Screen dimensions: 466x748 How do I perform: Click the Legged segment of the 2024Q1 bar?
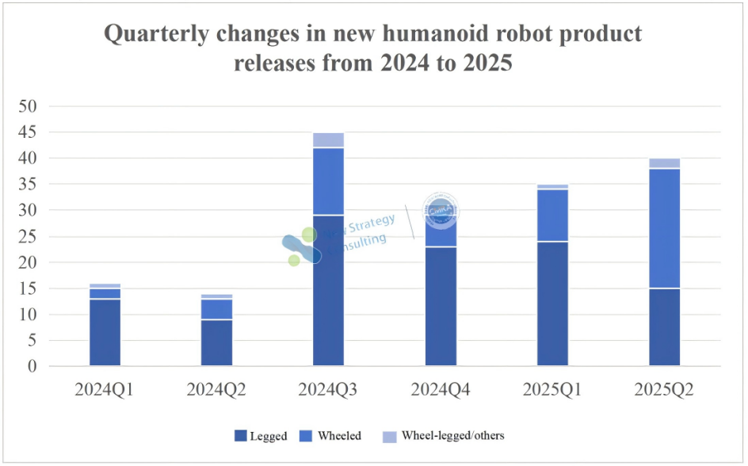tap(105, 332)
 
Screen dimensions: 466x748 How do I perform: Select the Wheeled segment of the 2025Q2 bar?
tap(664, 228)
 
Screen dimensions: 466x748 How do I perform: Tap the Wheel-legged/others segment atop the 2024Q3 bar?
tap(328, 140)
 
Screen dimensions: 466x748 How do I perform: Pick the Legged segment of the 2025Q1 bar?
tap(552, 303)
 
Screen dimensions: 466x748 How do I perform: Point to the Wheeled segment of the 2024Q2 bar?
tap(216, 309)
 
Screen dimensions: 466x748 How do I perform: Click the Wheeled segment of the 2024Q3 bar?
tap(328, 181)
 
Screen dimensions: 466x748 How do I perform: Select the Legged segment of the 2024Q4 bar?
tap(441, 306)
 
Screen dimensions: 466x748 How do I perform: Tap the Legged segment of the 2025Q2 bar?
tap(664, 327)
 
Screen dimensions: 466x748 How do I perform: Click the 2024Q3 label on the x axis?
tap(328, 391)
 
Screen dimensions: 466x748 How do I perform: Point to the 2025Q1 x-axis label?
tap(552, 391)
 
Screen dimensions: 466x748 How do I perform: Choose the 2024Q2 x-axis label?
tap(216, 391)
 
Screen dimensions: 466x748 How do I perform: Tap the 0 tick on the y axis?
tap(32, 367)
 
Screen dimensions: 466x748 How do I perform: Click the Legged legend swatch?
tap(241, 436)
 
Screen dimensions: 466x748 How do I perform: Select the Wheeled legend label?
tap(339, 436)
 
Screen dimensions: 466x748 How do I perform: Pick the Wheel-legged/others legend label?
tap(452, 436)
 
